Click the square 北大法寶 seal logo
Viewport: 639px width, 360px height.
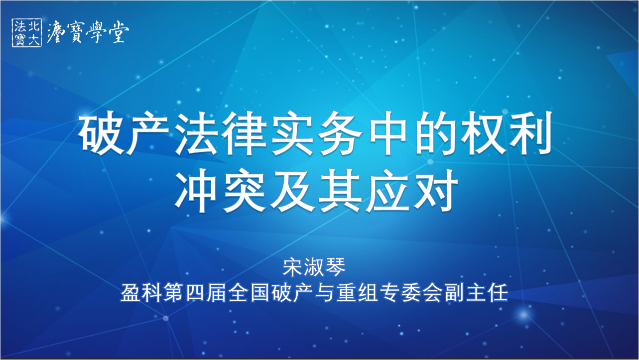click(x=27, y=33)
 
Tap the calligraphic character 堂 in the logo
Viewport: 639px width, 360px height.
click(x=119, y=32)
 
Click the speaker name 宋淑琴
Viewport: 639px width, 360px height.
click(x=314, y=267)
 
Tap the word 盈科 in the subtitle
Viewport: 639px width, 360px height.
click(x=141, y=292)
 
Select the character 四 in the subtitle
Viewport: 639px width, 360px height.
click(x=195, y=292)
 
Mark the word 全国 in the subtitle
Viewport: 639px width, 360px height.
click(x=250, y=292)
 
